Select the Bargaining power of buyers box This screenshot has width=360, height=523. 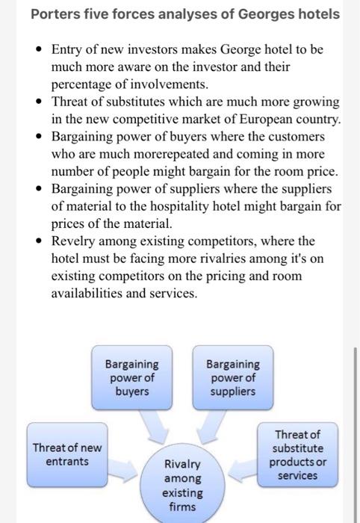[x=131, y=377]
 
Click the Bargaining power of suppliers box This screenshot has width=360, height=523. [x=233, y=377]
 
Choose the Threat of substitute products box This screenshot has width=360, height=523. [x=298, y=454]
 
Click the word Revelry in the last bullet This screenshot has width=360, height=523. [x=74, y=241]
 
